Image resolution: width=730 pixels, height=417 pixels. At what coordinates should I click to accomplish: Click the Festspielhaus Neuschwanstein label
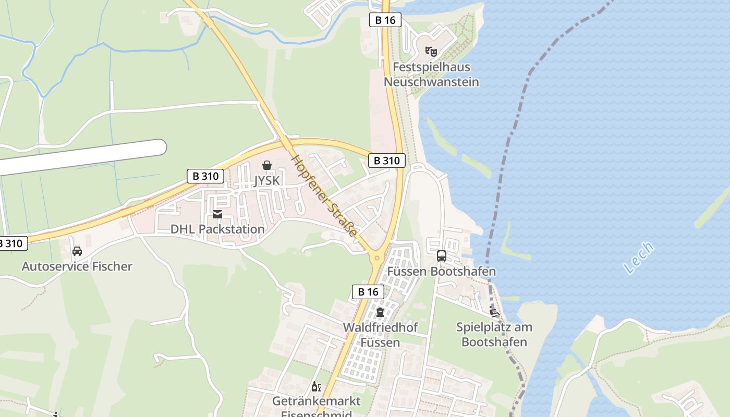431,75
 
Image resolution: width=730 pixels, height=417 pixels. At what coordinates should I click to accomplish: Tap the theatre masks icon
431,51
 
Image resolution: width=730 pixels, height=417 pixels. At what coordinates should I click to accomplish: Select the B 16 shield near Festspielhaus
385,20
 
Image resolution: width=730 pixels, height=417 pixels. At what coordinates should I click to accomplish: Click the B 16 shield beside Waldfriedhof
368,292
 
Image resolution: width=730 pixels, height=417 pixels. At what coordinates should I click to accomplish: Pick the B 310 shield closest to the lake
387,161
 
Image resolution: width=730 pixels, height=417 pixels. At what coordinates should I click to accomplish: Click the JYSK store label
267,180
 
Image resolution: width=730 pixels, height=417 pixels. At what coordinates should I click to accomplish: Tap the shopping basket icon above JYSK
267,166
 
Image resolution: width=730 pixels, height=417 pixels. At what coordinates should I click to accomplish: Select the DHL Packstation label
217,229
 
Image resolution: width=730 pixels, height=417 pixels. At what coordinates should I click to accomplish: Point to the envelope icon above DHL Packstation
217,214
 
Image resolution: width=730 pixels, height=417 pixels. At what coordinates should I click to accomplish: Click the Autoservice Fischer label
77,266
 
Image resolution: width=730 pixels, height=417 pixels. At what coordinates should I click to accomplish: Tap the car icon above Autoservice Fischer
77,252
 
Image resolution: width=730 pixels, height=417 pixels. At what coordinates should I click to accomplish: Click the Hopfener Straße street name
324,196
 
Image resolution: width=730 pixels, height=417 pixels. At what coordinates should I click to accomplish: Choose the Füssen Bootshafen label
441,272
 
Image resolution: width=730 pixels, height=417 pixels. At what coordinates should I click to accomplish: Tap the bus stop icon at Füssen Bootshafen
441,256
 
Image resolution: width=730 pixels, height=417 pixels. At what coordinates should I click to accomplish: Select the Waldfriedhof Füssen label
380,335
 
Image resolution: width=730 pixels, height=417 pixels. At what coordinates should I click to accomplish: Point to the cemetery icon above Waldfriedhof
380,313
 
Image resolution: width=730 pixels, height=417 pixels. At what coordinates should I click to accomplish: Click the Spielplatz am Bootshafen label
494,335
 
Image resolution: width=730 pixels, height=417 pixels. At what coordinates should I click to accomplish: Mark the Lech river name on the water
638,258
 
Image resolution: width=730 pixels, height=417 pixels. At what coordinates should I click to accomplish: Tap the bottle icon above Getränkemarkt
315,387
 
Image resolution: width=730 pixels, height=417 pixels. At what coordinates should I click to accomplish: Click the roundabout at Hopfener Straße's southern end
376,258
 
